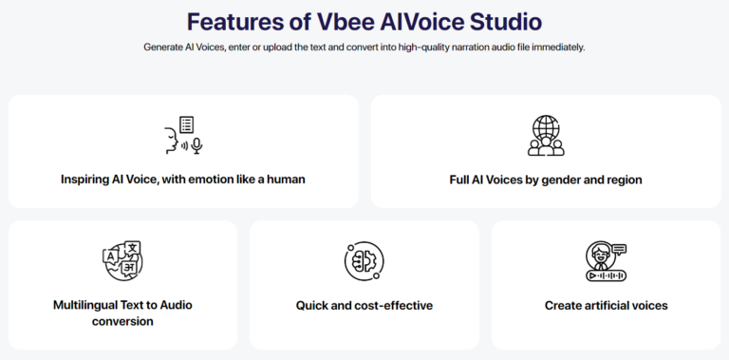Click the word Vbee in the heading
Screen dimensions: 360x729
336,21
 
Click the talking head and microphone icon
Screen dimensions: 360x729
183,135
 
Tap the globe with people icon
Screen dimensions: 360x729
546,135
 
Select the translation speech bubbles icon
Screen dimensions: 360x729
122,261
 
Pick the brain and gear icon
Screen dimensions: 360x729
364,261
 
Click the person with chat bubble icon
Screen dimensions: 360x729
606,261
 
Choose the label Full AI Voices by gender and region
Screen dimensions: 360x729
546,179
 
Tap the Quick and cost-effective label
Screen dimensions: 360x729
364,306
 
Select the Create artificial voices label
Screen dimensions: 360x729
606,306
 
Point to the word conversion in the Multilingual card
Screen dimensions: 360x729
122,322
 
